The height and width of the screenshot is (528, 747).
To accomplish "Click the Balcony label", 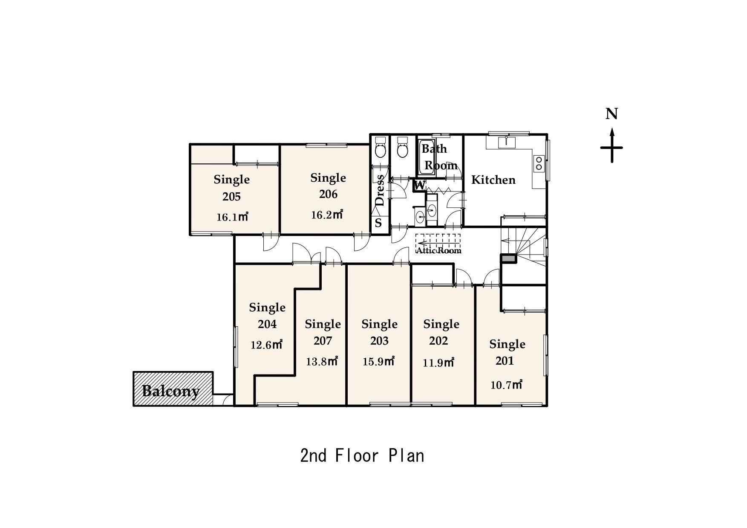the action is (x=170, y=391).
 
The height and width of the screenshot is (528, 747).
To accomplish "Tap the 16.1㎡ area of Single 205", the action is (x=232, y=217).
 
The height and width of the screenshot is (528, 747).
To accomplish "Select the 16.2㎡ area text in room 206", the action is (x=327, y=215).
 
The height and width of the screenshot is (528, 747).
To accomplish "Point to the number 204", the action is (x=267, y=324).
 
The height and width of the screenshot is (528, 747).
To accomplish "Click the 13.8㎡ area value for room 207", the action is (x=322, y=362).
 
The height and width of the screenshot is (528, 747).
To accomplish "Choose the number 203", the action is (x=379, y=341).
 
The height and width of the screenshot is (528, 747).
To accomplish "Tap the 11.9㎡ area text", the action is (x=438, y=363).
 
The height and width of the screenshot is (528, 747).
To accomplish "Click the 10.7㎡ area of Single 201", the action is (x=506, y=385).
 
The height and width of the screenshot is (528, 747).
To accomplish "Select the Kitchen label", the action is (x=493, y=180).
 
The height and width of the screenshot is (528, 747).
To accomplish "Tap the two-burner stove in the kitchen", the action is (x=539, y=162).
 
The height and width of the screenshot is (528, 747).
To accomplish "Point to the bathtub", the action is (x=427, y=157).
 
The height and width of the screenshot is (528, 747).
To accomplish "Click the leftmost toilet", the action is (x=380, y=148).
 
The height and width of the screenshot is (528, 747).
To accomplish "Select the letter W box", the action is (x=420, y=186).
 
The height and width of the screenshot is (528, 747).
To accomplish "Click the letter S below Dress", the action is (x=378, y=223).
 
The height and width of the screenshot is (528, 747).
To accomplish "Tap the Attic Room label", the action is (x=438, y=250).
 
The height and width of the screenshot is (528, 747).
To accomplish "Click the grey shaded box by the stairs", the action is (x=508, y=258).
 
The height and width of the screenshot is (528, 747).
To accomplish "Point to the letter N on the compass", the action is (x=612, y=114).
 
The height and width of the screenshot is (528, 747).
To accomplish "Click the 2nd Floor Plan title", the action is (x=362, y=456).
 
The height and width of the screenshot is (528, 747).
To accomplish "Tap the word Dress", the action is (x=379, y=190).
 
